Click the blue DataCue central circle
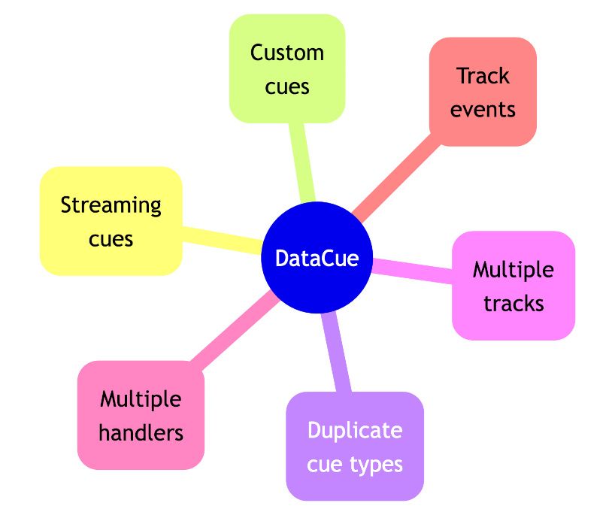[317, 258]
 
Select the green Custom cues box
[286, 68]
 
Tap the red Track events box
[483, 92]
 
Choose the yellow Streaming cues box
[111, 220]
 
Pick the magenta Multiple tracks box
[514, 286]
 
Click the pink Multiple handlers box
[141, 415]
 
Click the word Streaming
[111, 205]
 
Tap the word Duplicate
[355, 431]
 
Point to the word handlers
[141, 432]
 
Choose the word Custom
[287, 53]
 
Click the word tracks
[514, 303]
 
